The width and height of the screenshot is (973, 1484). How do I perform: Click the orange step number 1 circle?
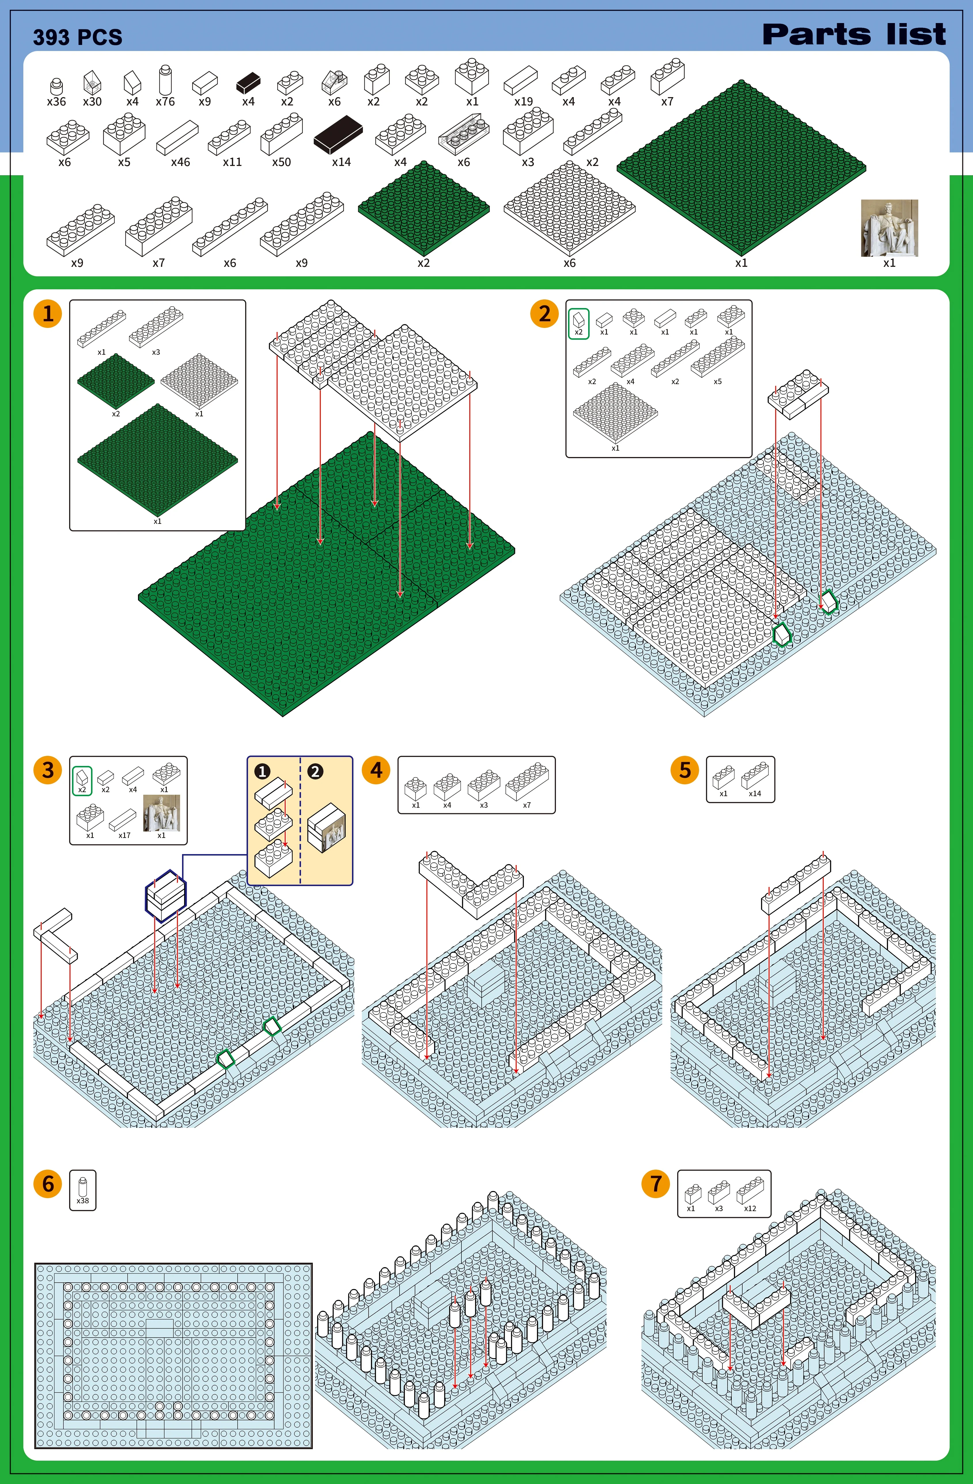coord(48,314)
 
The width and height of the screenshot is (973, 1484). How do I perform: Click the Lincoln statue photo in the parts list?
coord(889,228)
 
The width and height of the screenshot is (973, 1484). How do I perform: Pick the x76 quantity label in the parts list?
coord(165,101)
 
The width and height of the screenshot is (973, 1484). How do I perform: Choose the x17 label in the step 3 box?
coord(125,835)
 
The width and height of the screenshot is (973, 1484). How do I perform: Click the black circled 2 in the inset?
coord(315,771)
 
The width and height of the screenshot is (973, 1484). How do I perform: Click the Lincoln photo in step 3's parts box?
coord(161,813)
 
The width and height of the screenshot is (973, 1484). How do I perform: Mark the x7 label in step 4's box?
coord(527,805)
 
